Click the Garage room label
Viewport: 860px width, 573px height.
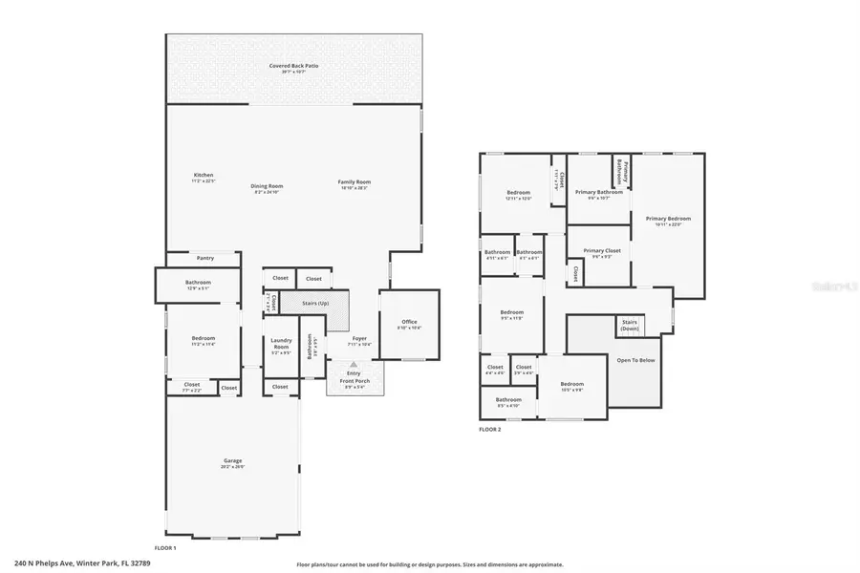pyautogui.click(x=233, y=463)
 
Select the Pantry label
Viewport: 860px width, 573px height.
pyautogui.click(x=204, y=258)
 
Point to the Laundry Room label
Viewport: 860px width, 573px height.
pyautogui.click(x=281, y=343)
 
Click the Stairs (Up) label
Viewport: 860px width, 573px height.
pyautogui.click(x=316, y=304)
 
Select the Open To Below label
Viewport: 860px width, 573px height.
pyautogui.click(x=635, y=360)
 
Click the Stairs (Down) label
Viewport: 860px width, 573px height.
pyautogui.click(x=630, y=326)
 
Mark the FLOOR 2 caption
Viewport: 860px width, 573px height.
pyautogui.click(x=489, y=430)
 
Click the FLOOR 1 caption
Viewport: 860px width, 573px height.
pyautogui.click(x=165, y=547)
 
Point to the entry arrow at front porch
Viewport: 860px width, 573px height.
pyautogui.click(x=354, y=365)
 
